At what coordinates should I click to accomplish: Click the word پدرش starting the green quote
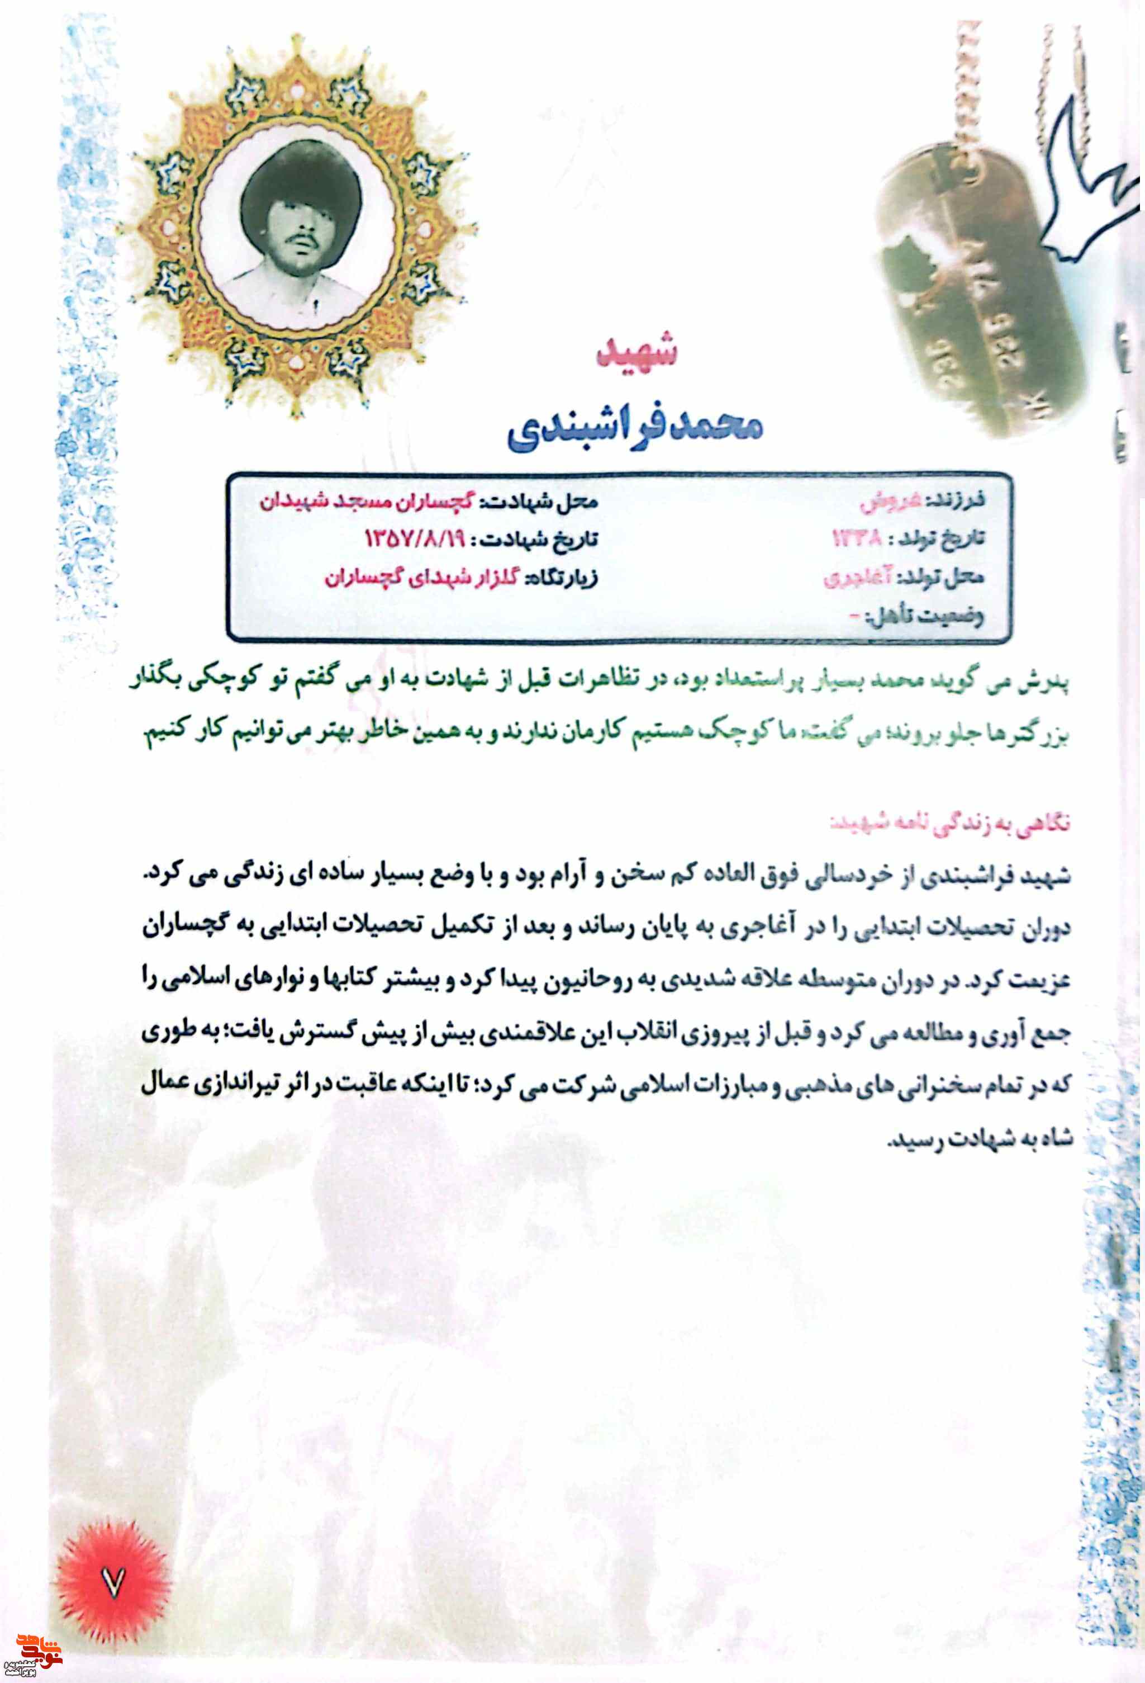coord(1047,684)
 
